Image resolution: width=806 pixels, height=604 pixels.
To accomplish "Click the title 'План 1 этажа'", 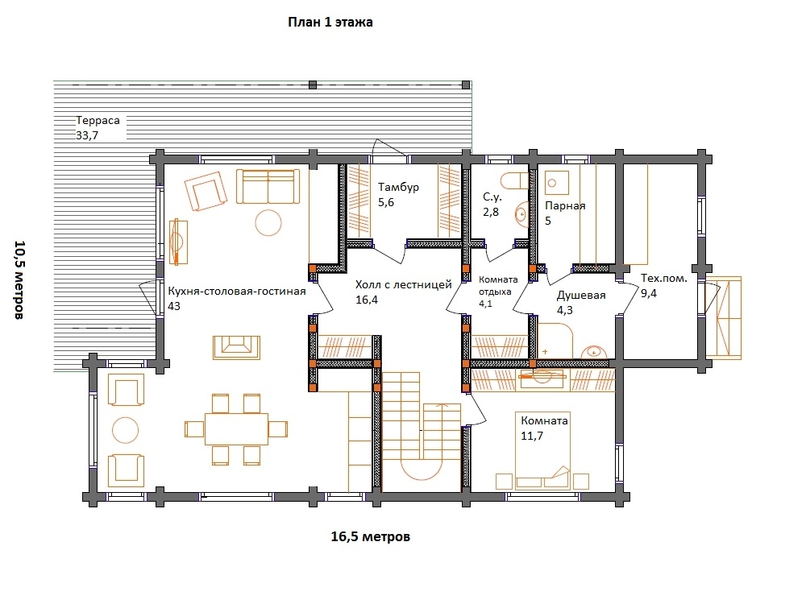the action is (x=330, y=22).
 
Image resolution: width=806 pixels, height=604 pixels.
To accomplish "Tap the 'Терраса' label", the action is (x=98, y=121).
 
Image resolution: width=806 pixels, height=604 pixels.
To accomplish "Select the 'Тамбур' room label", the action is (x=398, y=187).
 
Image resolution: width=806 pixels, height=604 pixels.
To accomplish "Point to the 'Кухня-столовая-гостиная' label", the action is (x=237, y=292).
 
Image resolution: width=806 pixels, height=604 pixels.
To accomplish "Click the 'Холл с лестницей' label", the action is (x=404, y=284).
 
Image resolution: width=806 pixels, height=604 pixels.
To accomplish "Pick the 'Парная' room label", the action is (x=565, y=206).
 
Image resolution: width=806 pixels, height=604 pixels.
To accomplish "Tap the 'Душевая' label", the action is (x=581, y=296).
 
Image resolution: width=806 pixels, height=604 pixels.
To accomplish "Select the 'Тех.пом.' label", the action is (x=663, y=279).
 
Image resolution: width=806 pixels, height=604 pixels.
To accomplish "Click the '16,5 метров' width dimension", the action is (x=370, y=536).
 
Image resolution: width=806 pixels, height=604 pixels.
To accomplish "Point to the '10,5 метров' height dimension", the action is (x=19, y=280).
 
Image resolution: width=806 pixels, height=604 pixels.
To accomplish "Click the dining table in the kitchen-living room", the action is (x=236, y=429).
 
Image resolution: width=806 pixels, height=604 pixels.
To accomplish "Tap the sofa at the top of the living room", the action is (x=268, y=187).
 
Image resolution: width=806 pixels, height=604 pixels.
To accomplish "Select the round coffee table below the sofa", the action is (x=268, y=223).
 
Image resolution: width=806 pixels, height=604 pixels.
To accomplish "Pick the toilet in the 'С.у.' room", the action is (x=516, y=180).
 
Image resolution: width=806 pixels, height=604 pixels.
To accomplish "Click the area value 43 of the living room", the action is (x=174, y=306).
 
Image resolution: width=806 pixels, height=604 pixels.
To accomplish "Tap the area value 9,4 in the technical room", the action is (x=649, y=294).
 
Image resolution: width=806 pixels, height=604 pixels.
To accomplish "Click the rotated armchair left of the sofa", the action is (x=206, y=191).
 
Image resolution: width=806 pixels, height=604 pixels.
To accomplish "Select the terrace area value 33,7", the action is (x=87, y=135).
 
